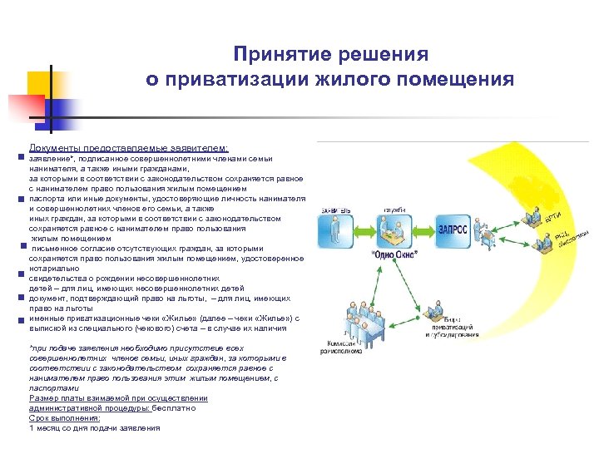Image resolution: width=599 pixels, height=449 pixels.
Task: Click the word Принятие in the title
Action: pyautogui.click(x=271, y=55)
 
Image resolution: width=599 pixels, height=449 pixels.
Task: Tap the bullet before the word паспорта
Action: pyautogui.click(x=18, y=200)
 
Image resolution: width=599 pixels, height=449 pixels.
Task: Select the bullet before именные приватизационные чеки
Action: pyautogui.click(x=18, y=319)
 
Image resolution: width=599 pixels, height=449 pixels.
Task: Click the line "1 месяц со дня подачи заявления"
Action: pyautogui.click(x=94, y=428)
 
